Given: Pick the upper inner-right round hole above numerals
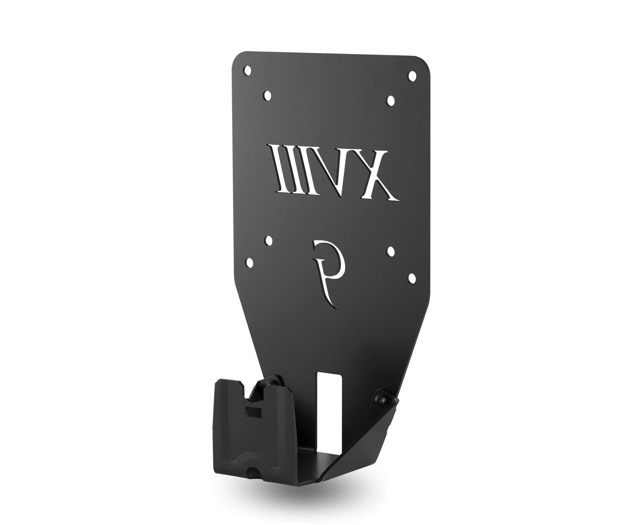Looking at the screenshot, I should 391,100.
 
